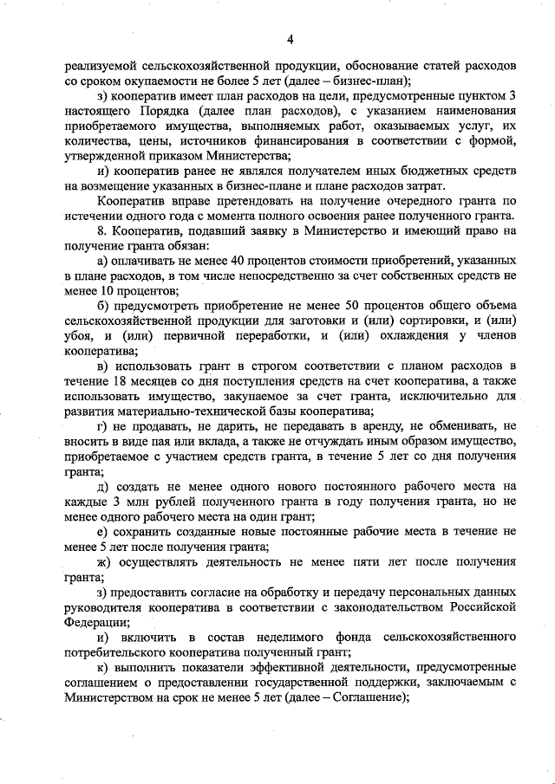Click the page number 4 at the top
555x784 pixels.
291,39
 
